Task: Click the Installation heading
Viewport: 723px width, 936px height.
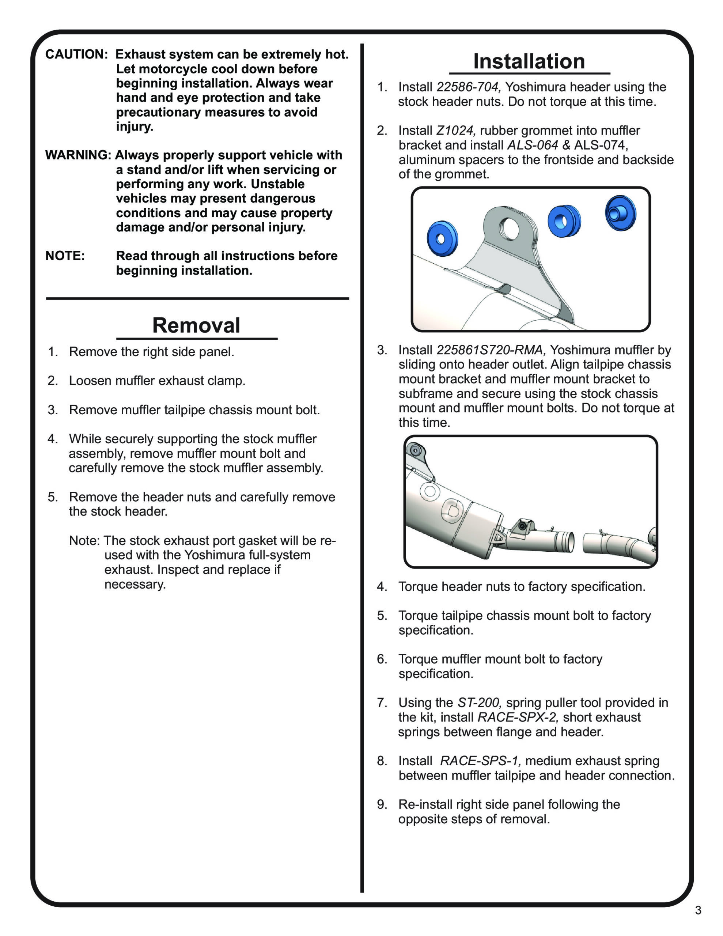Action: coord(529,61)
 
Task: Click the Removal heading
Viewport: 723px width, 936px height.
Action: coord(196,325)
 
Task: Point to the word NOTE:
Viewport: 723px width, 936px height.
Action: coord(65,256)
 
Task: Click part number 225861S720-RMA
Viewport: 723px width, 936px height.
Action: coord(491,350)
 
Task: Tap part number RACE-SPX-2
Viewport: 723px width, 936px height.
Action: coord(518,717)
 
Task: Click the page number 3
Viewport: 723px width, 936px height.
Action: coord(698,910)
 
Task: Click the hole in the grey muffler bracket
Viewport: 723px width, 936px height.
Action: coord(509,229)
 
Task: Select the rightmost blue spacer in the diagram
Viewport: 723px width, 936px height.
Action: coord(620,213)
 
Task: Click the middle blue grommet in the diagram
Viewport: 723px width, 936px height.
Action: coord(564,221)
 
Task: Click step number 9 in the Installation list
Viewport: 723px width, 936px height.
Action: coord(382,804)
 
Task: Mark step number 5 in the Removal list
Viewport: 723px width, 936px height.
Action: coord(52,497)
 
